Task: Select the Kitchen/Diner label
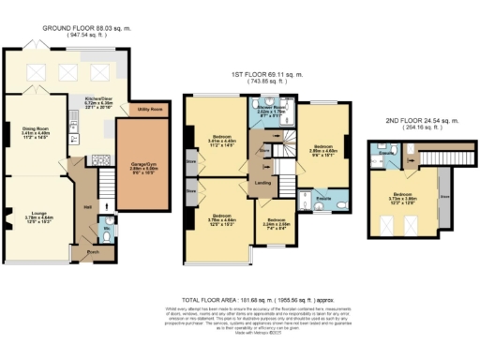[x=99, y=98]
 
